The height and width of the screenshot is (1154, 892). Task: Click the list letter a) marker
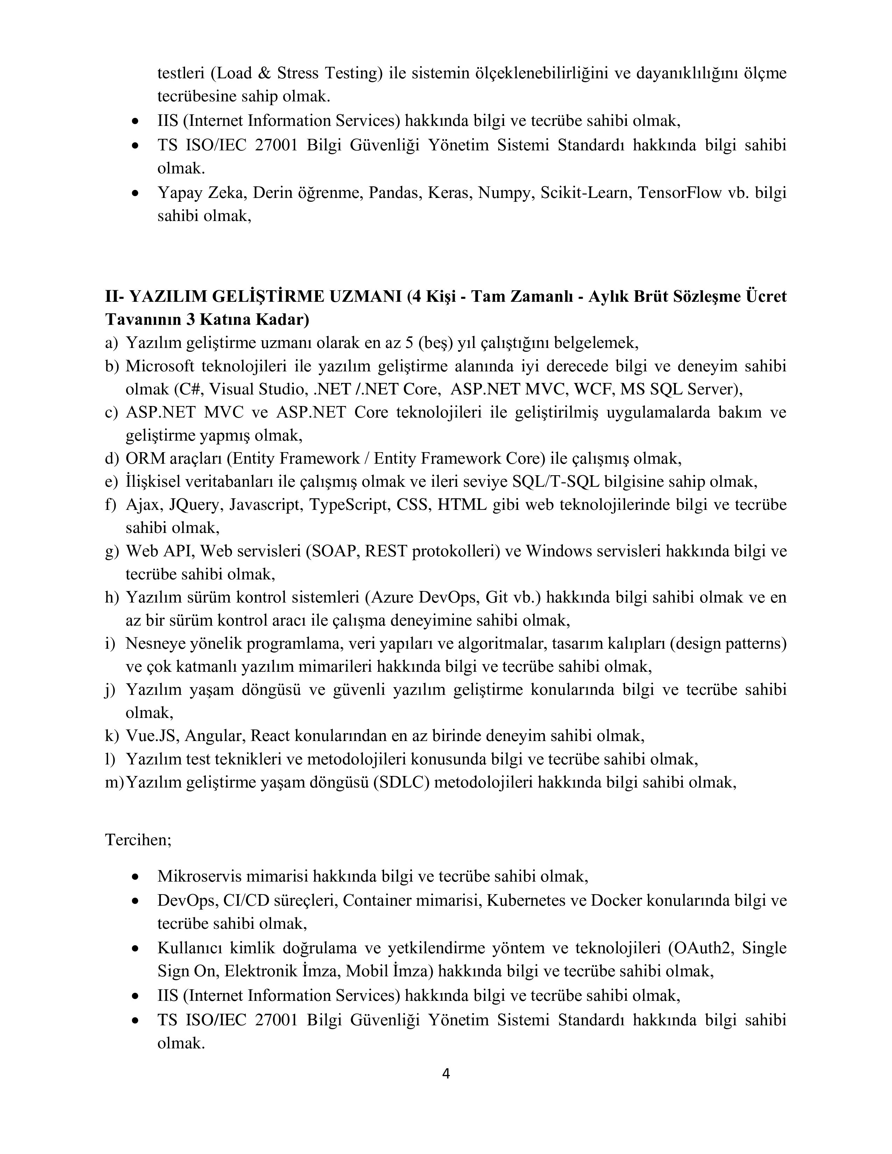click(x=112, y=343)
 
